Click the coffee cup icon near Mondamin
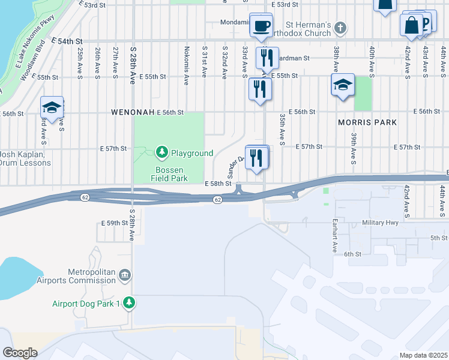click(261, 26)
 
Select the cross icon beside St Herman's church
click(340, 27)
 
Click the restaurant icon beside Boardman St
click(265, 58)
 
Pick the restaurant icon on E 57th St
click(256, 158)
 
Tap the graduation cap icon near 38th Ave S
click(342, 86)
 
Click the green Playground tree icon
click(161, 153)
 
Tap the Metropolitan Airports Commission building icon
click(125, 275)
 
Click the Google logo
click(20, 353)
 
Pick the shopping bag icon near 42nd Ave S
click(412, 26)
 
